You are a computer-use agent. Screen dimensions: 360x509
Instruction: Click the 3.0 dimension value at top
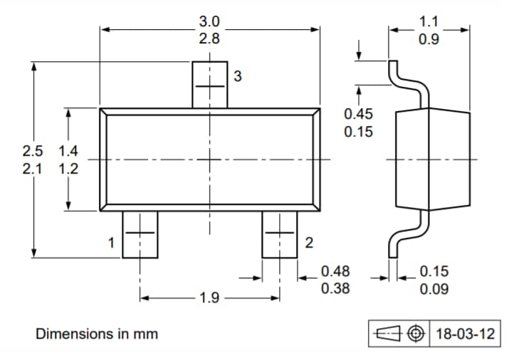pyautogui.click(x=209, y=21)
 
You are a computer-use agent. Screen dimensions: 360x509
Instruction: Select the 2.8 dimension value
pyautogui.click(x=209, y=39)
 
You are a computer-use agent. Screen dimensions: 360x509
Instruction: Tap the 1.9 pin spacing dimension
pyautogui.click(x=209, y=297)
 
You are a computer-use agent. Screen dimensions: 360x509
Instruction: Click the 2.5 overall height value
pyautogui.click(x=33, y=152)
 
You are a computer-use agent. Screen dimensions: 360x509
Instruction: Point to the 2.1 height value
pyautogui.click(x=33, y=169)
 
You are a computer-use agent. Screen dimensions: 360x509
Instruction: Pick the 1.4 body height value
pyautogui.click(x=68, y=152)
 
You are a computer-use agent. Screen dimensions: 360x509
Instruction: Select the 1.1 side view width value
pyautogui.click(x=429, y=21)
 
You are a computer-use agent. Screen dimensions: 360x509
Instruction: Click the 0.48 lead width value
pyautogui.click(x=335, y=271)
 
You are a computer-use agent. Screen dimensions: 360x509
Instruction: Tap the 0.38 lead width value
pyautogui.click(x=335, y=289)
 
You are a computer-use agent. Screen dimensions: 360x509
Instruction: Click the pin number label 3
pyautogui.click(x=237, y=76)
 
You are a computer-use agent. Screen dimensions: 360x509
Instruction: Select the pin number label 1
pyautogui.click(x=111, y=243)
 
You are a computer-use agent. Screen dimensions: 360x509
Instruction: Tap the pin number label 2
pyautogui.click(x=308, y=243)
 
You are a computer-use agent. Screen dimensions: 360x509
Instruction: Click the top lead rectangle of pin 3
pyautogui.click(x=210, y=85)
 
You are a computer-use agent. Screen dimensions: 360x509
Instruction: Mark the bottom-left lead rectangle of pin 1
pyautogui.click(x=140, y=234)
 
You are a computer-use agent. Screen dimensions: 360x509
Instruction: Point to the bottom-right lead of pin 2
pyautogui.click(x=279, y=234)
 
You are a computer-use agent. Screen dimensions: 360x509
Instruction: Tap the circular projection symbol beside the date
pyautogui.click(x=416, y=334)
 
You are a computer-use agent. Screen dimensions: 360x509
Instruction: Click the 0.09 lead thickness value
pyautogui.click(x=434, y=289)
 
